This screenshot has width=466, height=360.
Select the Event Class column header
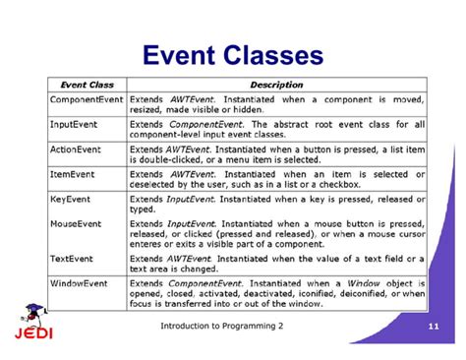pos(87,85)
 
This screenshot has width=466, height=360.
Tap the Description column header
pos(276,85)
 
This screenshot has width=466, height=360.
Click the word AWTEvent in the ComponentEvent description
pos(193,100)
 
